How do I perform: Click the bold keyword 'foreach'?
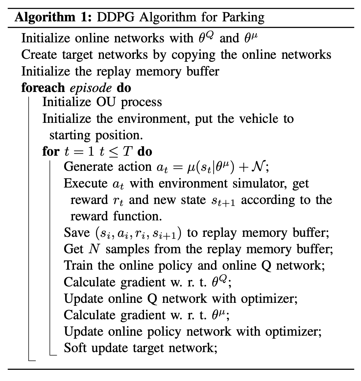point(43,88)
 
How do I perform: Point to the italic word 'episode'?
point(91,88)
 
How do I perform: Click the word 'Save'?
point(77,233)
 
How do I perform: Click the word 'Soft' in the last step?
point(75,347)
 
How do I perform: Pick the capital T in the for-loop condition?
point(128,151)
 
